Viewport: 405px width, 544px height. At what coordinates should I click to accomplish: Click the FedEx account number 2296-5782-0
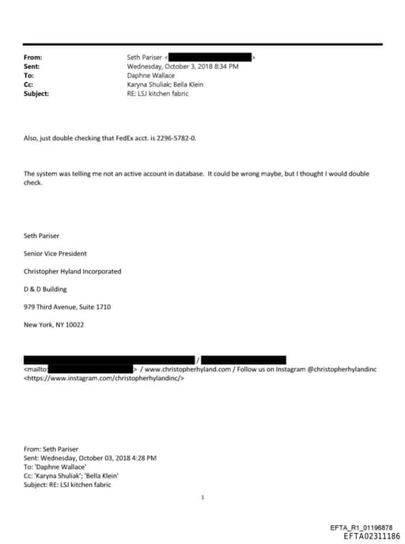click(176, 138)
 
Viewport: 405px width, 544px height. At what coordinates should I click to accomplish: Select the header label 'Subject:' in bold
click(36, 93)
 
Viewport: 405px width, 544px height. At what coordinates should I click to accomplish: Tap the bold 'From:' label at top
click(33, 58)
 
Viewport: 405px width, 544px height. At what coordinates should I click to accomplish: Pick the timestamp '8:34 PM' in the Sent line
click(224, 66)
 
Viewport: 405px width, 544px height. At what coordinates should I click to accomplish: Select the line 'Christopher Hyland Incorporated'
click(73, 271)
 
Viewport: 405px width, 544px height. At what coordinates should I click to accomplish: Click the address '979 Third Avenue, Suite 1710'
click(67, 307)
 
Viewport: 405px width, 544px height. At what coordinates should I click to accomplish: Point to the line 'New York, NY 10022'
click(54, 325)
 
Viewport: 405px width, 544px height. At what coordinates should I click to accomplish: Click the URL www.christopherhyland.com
click(187, 368)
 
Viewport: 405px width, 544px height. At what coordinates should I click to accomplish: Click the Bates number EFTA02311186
click(372, 536)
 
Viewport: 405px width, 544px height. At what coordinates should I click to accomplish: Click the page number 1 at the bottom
click(203, 497)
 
